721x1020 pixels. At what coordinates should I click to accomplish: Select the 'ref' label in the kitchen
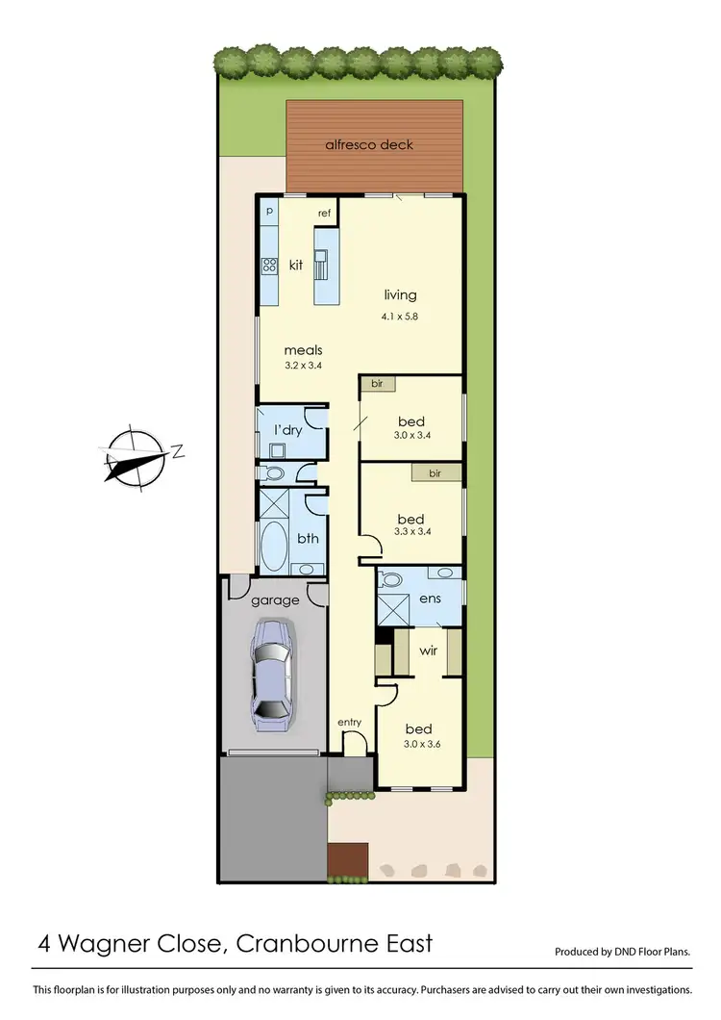point(324,212)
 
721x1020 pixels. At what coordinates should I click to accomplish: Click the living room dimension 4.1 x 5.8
point(400,316)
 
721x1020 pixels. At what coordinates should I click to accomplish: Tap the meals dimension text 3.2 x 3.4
point(303,367)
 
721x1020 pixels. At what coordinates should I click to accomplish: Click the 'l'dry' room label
point(288,430)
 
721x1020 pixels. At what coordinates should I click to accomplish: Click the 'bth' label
point(308,539)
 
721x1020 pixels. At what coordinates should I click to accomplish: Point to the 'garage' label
point(275,600)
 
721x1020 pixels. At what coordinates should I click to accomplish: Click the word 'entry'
point(348,723)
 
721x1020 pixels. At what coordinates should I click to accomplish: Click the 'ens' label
point(430,599)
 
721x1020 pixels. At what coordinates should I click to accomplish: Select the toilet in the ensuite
point(390,580)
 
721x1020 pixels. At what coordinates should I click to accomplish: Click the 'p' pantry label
point(269,210)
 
